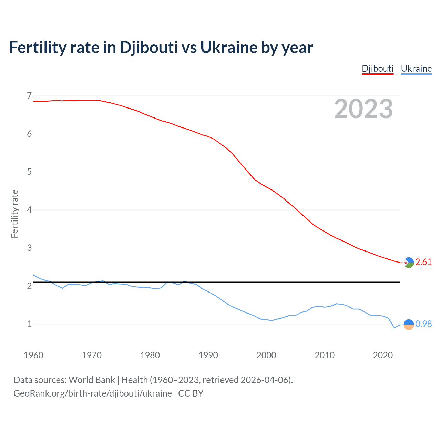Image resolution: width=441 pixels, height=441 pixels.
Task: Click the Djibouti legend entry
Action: tap(377, 69)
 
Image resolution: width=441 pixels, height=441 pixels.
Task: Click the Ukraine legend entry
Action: tap(416, 69)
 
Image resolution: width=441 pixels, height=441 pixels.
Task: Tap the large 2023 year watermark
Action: tap(363, 109)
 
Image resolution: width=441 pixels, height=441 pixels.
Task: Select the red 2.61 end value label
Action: tap(423, 262)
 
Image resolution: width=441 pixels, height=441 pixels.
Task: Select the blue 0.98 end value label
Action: tap(423, 324)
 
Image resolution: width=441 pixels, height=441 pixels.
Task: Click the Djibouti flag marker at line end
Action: tap(409, 263)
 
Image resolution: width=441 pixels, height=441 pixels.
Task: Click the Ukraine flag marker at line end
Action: tap(409, 325)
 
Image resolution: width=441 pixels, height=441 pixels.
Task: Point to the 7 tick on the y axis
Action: tap(29, 95)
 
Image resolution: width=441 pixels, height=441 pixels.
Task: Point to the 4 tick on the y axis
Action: tap(29, 210)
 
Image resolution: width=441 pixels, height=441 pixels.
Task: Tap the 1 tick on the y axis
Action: tap(29, 324)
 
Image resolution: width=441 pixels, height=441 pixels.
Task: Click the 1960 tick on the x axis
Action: tap(33, 355)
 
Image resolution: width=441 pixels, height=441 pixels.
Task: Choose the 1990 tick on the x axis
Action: tap(208, 355)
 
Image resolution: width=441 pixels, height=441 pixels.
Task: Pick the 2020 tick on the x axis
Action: tap(383, 355)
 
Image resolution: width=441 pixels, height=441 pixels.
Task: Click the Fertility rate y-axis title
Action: tap(14, 214)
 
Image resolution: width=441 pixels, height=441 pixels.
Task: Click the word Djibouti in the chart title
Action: tap(149, 47)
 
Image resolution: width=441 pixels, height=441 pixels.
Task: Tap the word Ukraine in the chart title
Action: tap(229, 47)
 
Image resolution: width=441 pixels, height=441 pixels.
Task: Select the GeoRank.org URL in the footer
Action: tap(92, 393)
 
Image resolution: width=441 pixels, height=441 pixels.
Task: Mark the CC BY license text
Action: tap(191, 393)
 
